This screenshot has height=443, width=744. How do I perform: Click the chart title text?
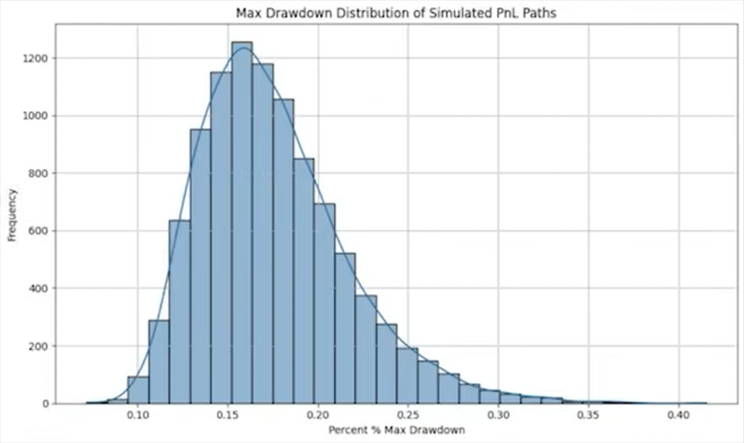396,13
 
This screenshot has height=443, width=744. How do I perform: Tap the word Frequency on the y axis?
12,215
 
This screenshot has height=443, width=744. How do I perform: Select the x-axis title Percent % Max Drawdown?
396,430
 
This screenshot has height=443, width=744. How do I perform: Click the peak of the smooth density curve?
244,49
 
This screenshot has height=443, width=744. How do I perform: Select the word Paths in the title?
541,13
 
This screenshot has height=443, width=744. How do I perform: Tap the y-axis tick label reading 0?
46,404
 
